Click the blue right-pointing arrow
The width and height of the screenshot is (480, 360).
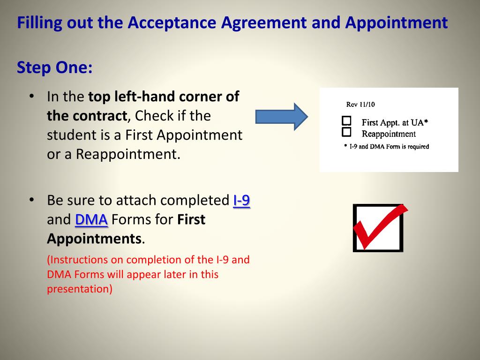(282, 117)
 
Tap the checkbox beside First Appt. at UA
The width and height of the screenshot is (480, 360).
(346, 120)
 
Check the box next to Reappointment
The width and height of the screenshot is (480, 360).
(346, 132)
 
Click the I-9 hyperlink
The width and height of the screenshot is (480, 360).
(241, 201)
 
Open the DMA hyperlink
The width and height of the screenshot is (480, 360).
(91, 219)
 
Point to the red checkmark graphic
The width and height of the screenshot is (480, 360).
(380, 227)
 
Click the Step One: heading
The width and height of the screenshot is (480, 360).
(54, 67)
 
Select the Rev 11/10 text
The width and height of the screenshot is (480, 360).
(360, 105)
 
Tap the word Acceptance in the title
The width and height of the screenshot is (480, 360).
(172, 23)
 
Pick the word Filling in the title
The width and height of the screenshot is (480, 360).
(39, 23)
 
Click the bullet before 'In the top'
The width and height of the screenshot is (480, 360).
(31, 96)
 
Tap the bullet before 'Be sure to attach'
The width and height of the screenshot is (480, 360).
(31, 200)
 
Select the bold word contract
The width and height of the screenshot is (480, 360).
(87, 116)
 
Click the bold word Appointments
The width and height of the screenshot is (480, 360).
(94, 239)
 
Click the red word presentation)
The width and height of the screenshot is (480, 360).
(80, 289)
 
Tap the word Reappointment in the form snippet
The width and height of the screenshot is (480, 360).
(389, 134)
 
